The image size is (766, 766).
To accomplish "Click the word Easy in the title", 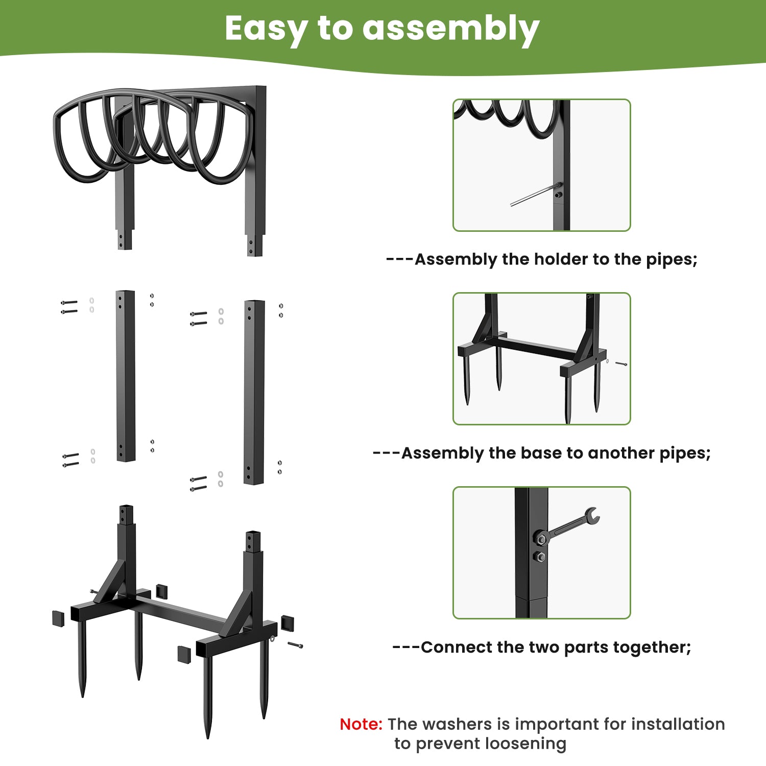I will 266,29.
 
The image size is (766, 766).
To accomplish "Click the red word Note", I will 361,724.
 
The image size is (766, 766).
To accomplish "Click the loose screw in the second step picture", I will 621,364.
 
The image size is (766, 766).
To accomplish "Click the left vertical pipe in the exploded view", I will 125,376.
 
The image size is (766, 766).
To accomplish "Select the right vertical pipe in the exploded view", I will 254,392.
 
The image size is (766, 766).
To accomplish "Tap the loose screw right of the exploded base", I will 295,645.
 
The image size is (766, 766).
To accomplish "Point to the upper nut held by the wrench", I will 541,539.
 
